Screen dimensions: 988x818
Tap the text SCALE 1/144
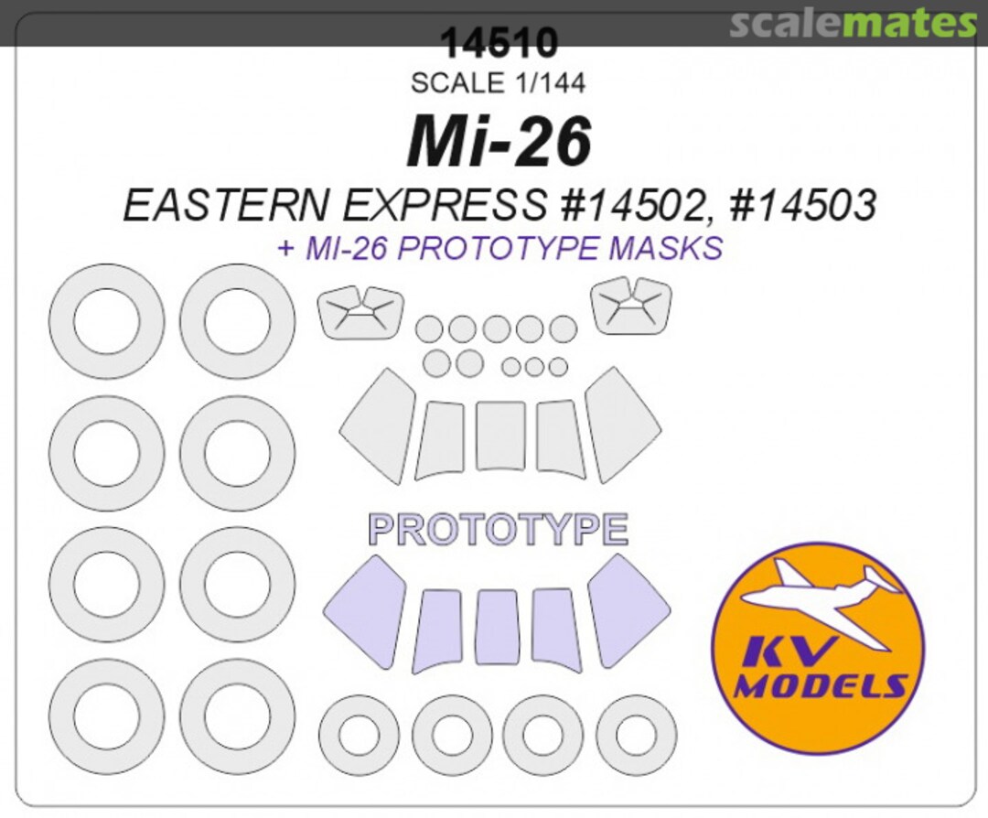(x=498, y=83)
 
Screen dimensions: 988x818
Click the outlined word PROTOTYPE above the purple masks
(x=498, y=530)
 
